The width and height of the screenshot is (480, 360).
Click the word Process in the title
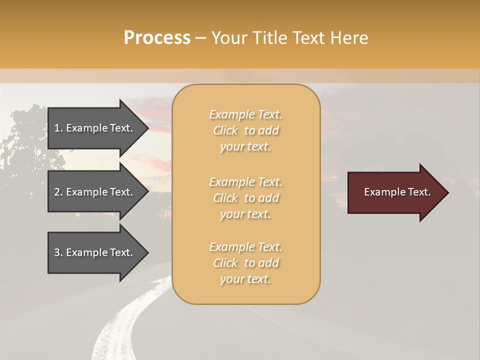[157, 38]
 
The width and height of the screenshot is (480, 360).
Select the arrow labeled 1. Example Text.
[95, 128]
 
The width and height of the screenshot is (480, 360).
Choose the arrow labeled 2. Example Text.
[95, 192]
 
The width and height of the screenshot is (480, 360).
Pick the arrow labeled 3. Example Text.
[95, 252]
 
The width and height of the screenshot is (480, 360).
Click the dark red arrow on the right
[395, 192]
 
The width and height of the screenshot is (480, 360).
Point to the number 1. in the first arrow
[58, 128]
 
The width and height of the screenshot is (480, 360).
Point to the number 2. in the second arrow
[58, 192]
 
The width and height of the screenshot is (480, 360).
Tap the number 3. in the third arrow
[58, 252]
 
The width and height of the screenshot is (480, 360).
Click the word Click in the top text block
[225, 130]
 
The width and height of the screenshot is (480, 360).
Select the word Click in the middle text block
[225, 198]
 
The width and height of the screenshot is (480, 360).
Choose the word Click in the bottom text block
[225, 263]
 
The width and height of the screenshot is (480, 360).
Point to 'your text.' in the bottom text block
[245, 279]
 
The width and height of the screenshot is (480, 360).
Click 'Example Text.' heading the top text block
[245, 114]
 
